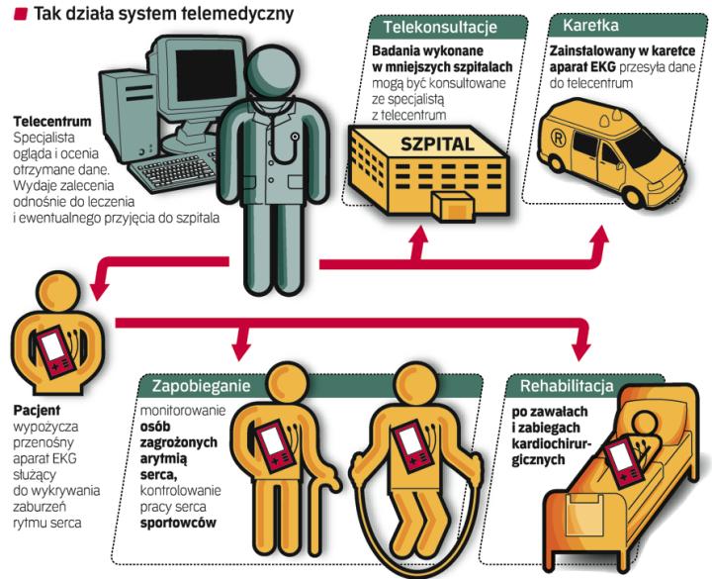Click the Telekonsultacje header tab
(439, 27)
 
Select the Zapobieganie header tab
(201, 384)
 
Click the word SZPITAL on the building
(438, 144)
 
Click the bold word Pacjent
(36, 409)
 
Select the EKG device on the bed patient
(623, 459)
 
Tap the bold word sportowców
(177, 522)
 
